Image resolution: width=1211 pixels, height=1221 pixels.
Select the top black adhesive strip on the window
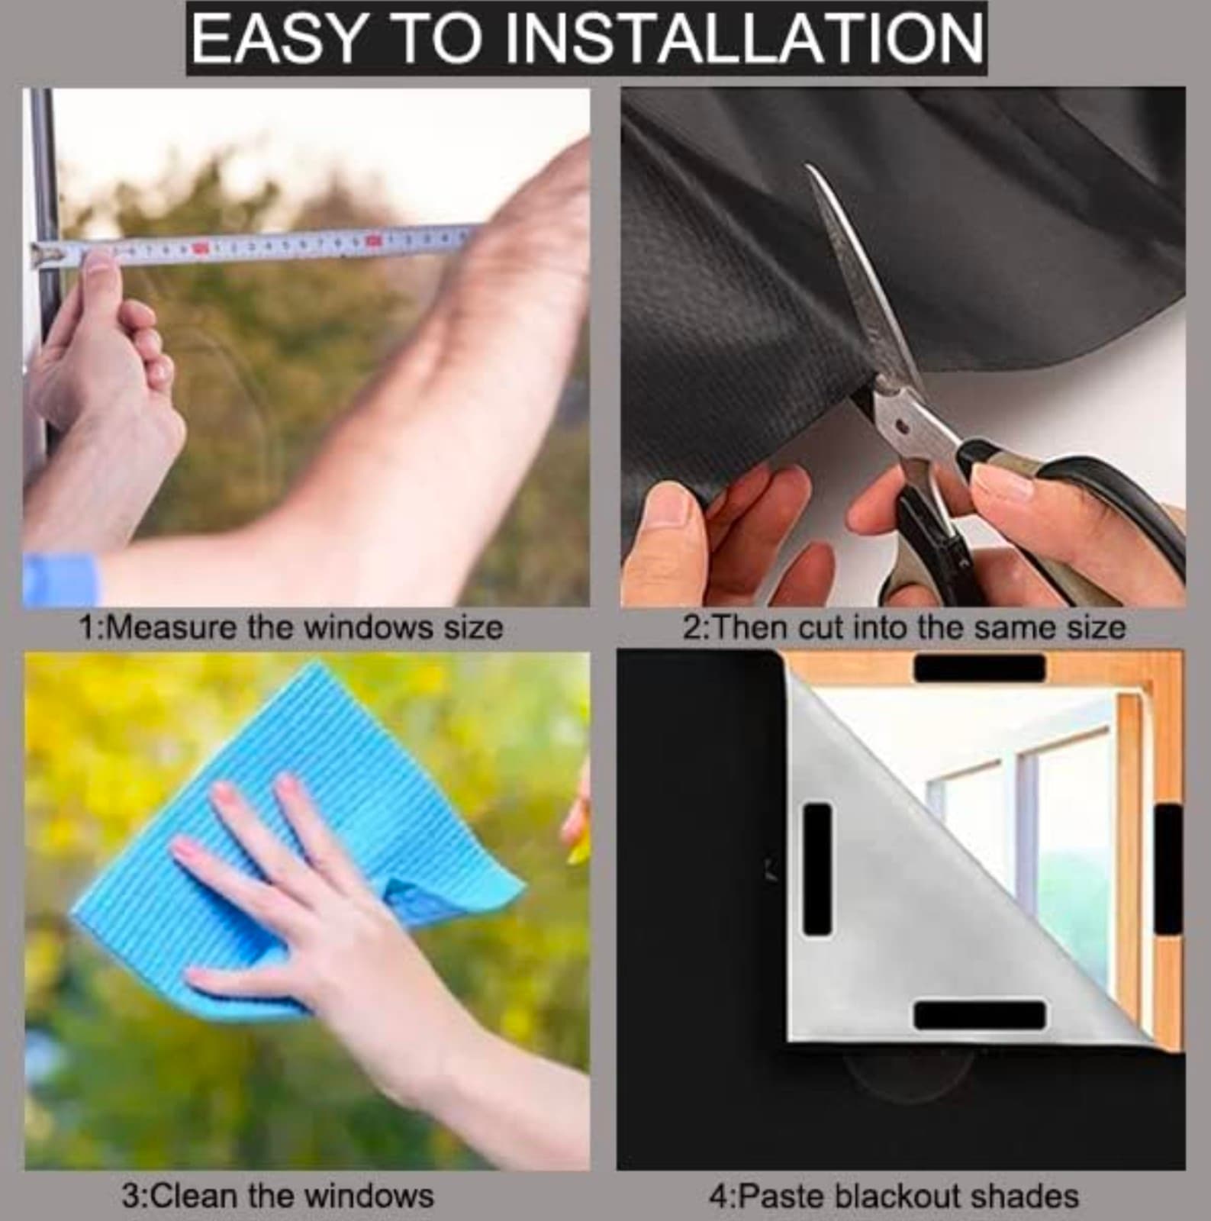pos(979,668)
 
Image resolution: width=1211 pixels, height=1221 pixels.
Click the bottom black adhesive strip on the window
pos(979,1015)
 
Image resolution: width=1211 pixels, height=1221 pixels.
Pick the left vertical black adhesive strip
pos(817,869)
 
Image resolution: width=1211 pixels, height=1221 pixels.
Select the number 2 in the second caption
pos(691,628)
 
